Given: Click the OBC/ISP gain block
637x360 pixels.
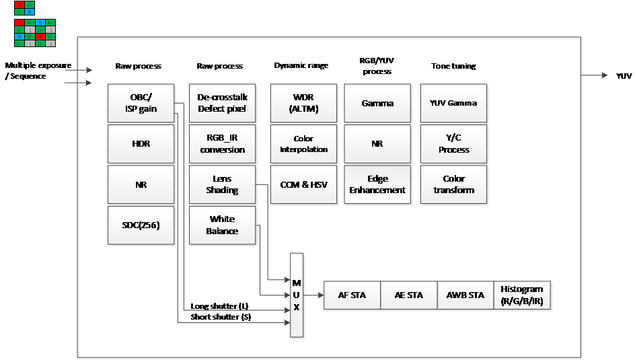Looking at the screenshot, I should tap(141, 103).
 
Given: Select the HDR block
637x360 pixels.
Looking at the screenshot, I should tap(141, 144).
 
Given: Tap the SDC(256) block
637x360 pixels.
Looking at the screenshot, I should tap(141, 225).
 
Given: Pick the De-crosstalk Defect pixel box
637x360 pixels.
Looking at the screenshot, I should tap(222, 103).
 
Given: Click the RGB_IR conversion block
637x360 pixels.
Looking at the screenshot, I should tap(222, 144).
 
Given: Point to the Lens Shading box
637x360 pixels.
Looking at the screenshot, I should tap(222, 184).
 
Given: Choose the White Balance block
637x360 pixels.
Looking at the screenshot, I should tap(222, 225).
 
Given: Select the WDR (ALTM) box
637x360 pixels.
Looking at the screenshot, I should tap(303, 103).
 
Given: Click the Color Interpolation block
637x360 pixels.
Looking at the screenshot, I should tap(303, 144).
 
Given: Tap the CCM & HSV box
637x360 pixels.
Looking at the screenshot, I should tap(303, 184).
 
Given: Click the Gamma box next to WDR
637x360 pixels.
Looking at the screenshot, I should tap(377, 103).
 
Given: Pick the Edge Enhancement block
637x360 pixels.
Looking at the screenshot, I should tap(377, 184).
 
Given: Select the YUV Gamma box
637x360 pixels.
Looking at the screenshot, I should tap(453, 103).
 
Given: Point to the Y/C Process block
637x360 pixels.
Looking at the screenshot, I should tap(453, 144).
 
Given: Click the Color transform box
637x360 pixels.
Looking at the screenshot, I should tap(453, 184).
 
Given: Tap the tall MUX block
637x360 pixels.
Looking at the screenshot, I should tap(297, 295).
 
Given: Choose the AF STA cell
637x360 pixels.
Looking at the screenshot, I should tap(352, 295).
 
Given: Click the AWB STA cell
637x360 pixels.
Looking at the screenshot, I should tap(465, 295).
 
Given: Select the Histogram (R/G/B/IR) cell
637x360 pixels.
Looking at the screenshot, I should tap(522, 295).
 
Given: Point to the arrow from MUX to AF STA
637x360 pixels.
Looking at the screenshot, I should tap(313, 295).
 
